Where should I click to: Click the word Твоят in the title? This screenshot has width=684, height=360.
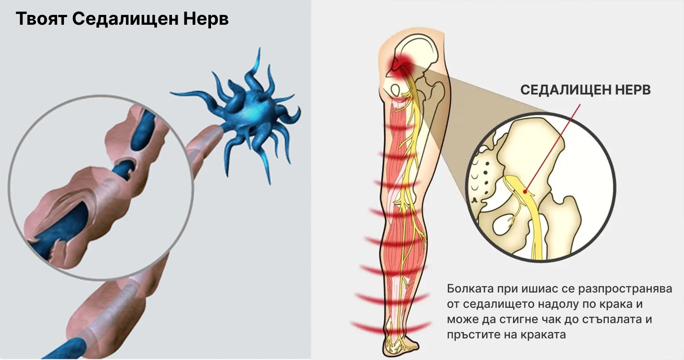[x=41, y=19]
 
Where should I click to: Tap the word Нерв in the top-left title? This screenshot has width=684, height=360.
[x=206, y=19]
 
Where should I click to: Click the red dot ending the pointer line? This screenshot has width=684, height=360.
[x=525, y=192]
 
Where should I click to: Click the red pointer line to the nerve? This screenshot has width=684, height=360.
[x=553, y=148]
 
